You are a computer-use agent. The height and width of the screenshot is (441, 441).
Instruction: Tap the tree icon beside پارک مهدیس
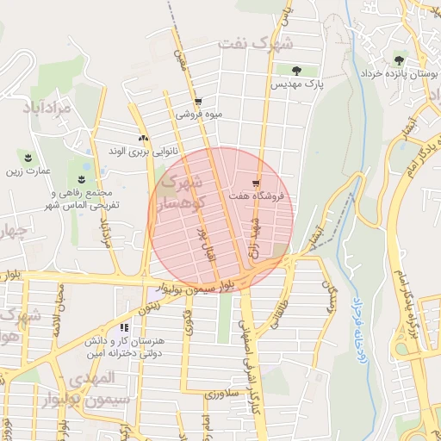pos(296,70)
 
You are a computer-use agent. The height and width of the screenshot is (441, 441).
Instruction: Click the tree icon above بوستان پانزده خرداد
pos(398,59)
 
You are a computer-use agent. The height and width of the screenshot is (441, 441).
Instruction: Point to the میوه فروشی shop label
pos(199,114)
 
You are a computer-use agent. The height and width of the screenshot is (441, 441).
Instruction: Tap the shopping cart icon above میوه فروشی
pos(198,101)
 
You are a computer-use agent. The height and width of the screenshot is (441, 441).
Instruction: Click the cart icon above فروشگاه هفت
pos(256,182)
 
